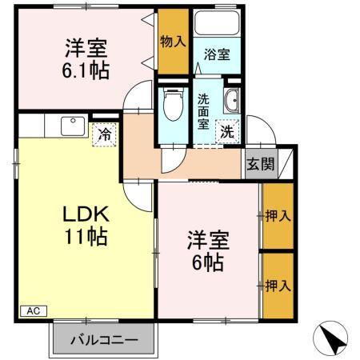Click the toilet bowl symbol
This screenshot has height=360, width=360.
coord(171,104)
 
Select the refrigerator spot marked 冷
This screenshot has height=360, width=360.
coord(105,134)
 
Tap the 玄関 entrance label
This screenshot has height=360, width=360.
coord(259,166)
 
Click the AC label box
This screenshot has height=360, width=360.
coord(34,310)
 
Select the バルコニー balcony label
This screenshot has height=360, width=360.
coord(102,338)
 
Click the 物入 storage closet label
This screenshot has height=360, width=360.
coord(173,40)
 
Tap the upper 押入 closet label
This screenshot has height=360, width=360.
coord(278,215)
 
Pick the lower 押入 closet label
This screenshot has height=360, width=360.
coord(278,284)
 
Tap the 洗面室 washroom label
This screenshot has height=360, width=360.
coord(204,111)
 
